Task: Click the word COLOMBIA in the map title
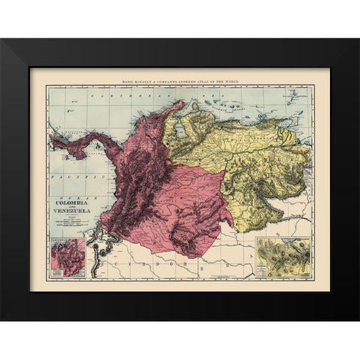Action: pos(72,204)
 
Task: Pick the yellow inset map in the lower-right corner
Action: pos(283,257)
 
